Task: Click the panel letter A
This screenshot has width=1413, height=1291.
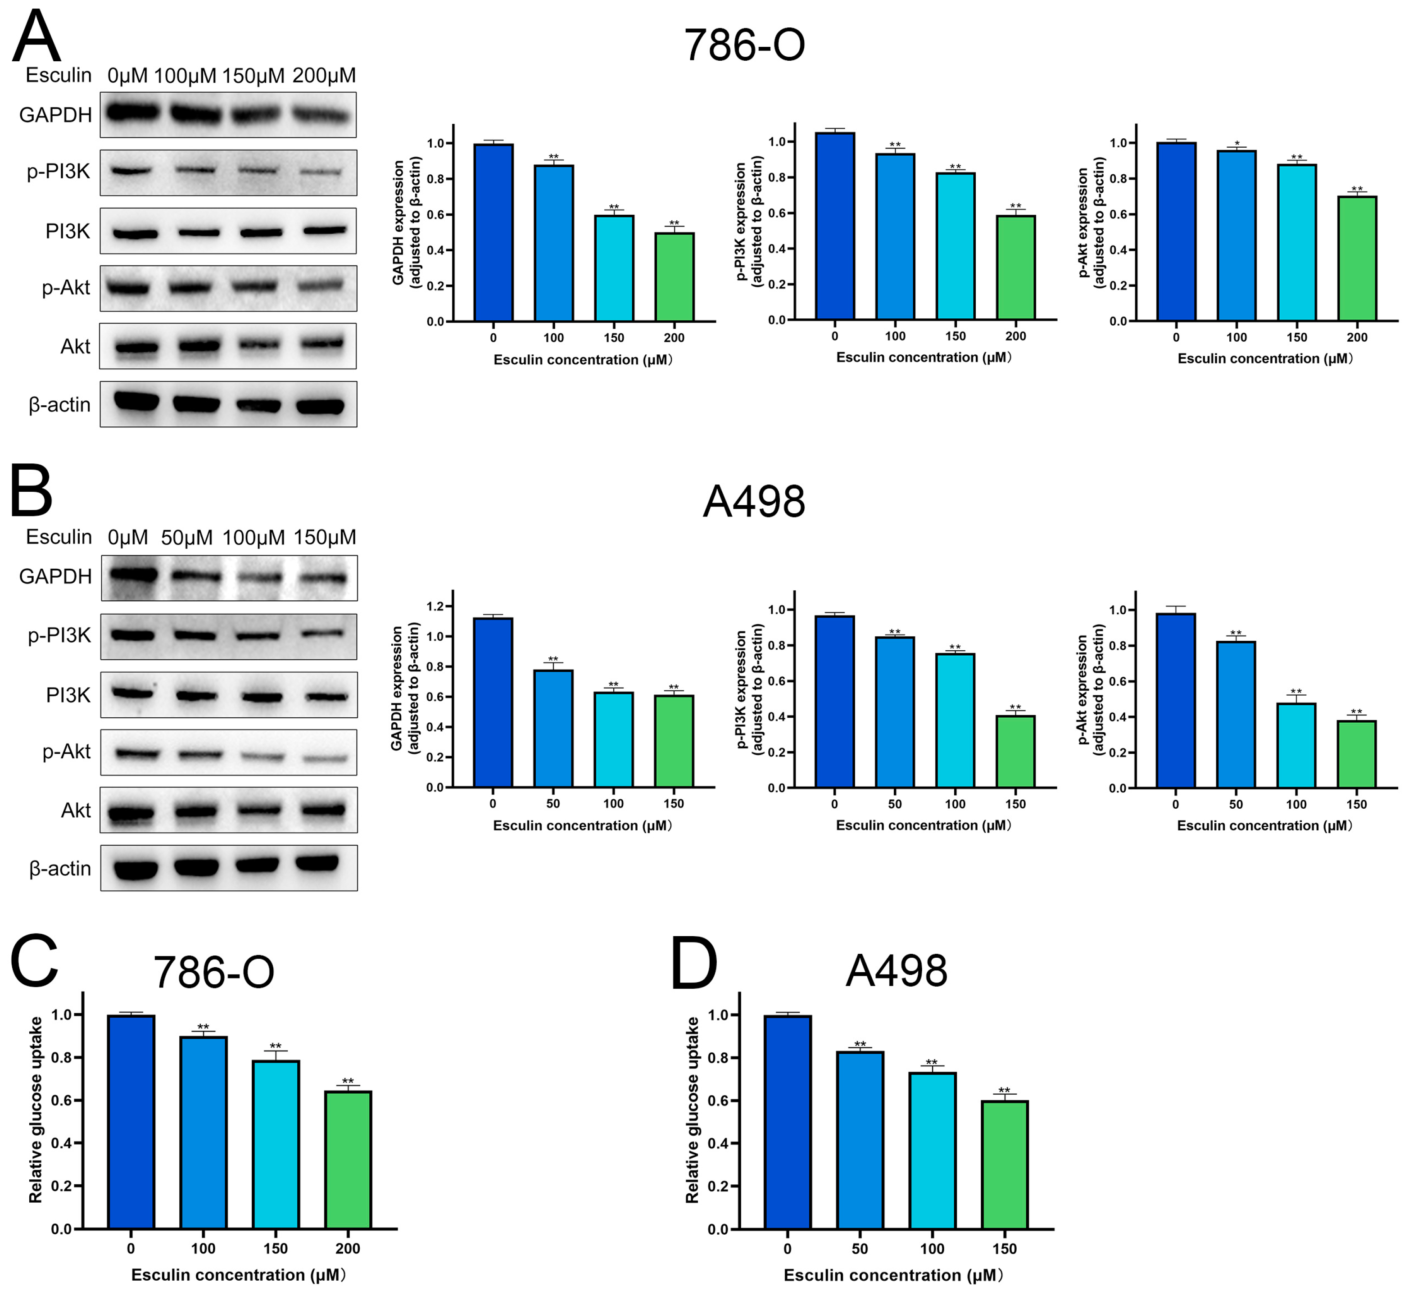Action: click(x=36, y=36)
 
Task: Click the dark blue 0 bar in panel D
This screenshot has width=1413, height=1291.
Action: click(x=788, y=1121)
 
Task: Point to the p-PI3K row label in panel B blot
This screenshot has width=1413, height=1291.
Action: click(x=59, y=636)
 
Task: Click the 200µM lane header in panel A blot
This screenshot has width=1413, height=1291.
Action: click(x=324, y=76)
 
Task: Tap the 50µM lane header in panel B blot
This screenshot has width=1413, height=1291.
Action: click(x=186, y=538)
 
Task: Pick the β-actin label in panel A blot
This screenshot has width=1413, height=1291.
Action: click(x=59, y=405)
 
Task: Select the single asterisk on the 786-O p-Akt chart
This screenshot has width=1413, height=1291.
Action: click(x=1237, y=144)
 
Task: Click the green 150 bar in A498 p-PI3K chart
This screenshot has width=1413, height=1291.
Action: click(x=1015, y=752)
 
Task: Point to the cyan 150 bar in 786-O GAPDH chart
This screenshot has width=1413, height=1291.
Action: click(x=614, y=268)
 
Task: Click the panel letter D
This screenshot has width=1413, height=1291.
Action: click(x=694, y=965)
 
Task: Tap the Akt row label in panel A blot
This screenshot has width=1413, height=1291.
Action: click(x=75, y=347)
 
